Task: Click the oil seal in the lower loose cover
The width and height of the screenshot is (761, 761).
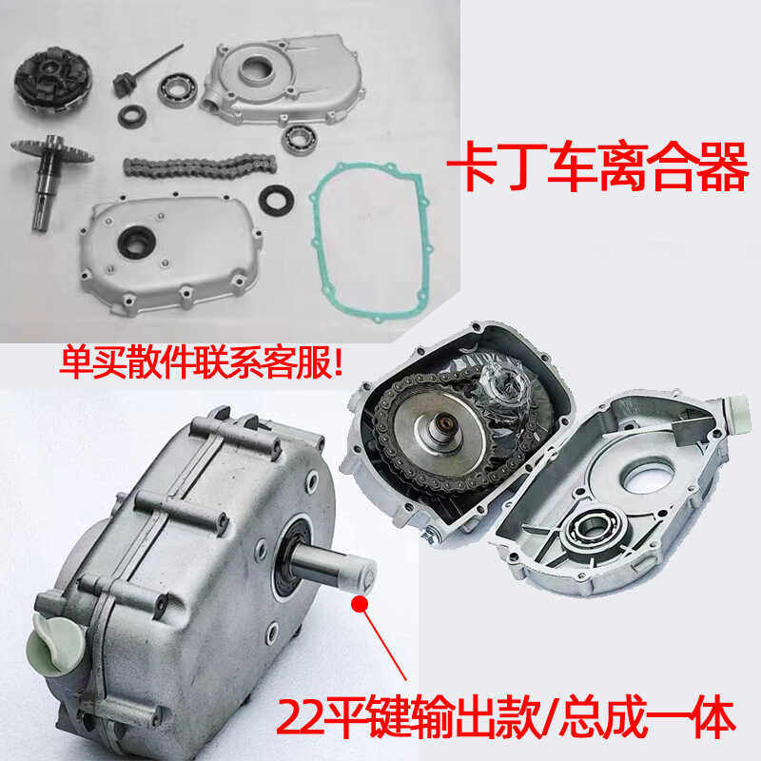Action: [134, 238]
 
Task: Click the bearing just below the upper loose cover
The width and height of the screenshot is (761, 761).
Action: [298, 137]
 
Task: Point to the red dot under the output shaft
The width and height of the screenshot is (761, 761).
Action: [358, 602]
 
